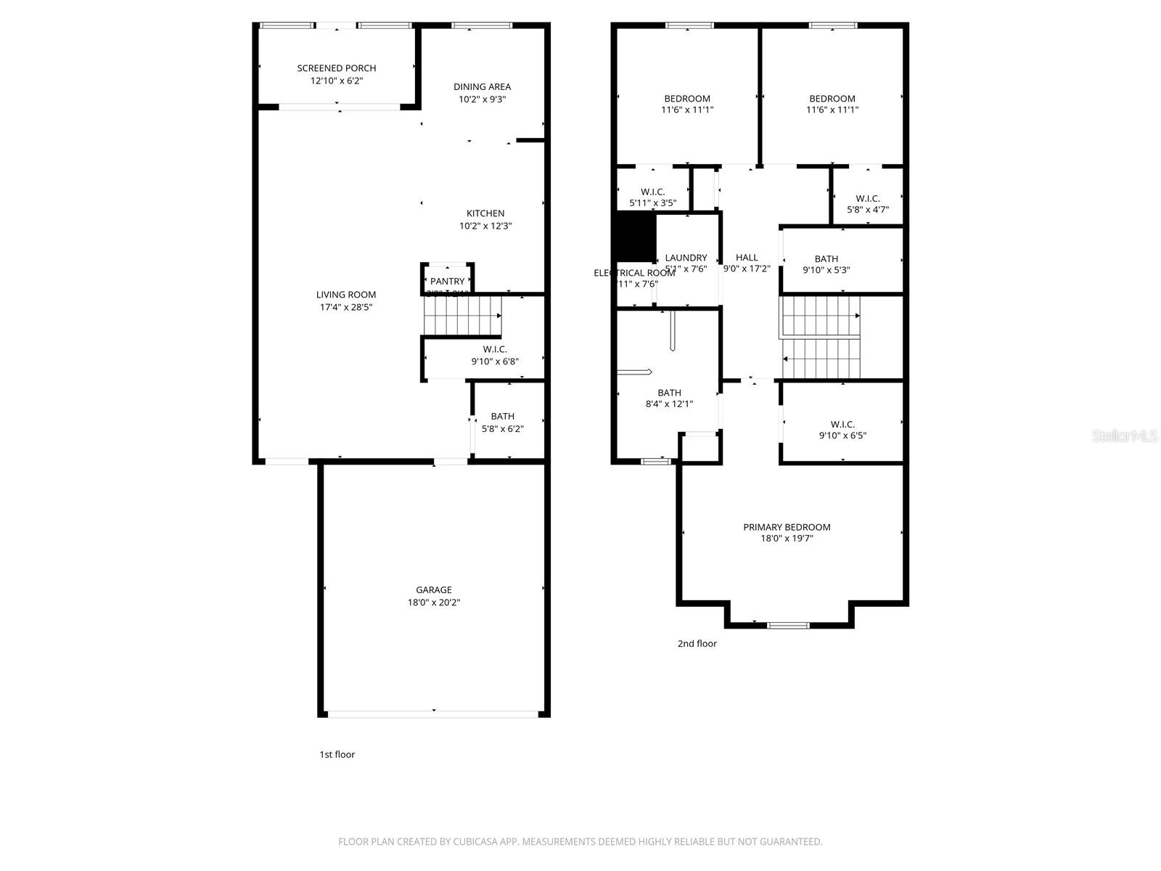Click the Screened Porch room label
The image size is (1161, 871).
click(337, 68)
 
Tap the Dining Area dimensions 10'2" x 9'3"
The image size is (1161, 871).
click(482, 99)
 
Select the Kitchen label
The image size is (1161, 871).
click(485, 213)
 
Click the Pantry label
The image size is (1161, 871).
click(447, 282)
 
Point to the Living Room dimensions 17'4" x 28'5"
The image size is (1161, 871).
click(346, 307)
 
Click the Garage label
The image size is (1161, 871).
click(434, 590)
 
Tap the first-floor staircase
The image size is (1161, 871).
click(462, 316)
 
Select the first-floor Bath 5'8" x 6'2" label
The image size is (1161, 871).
click(502, 417)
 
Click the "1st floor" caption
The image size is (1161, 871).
click(337, 754)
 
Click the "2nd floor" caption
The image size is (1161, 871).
click(697, 643)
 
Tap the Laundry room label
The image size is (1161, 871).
click(686, 258)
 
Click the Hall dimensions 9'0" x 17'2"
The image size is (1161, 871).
click(747, 269)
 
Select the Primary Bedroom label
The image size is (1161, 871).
click(787, 527)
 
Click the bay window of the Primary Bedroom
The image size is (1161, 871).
click(788, 625)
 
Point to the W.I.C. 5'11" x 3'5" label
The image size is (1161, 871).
click(653, 192)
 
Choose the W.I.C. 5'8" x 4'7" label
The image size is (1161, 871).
click(868, 198)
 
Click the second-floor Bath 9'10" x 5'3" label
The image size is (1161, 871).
click(826, 259)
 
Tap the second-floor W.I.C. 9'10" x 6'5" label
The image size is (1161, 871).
click(842, 425)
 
